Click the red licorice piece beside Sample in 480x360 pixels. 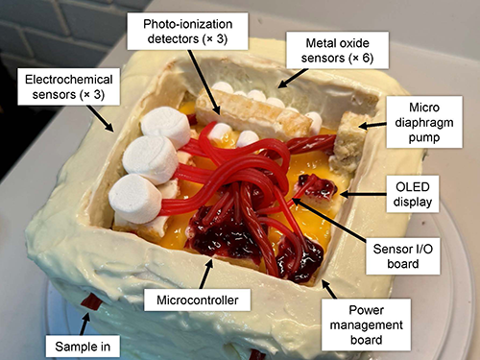[89, 304]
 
